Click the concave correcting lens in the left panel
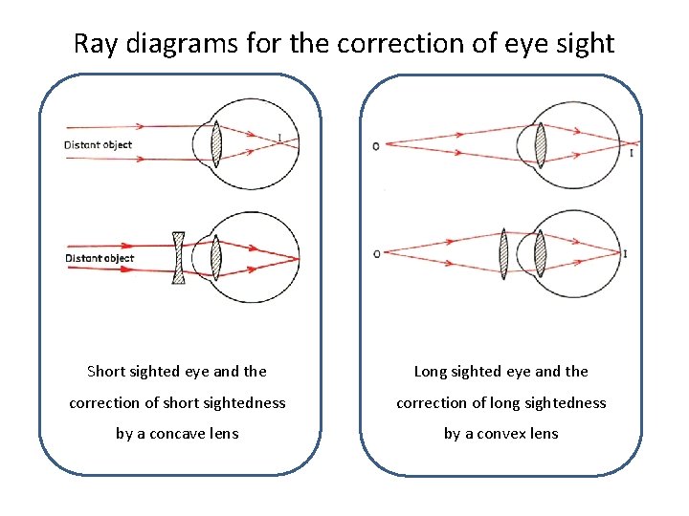178,257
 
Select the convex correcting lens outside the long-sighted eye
503,252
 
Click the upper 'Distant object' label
98,145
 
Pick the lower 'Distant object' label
99,258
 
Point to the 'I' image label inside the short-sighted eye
278,138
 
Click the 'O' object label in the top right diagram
375,146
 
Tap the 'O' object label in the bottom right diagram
376,253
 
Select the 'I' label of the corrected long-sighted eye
625,253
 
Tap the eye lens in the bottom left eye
216,257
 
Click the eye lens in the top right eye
541,145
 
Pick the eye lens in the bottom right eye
540,253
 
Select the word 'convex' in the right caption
503,434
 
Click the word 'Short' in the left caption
106,372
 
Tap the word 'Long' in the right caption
431,372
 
